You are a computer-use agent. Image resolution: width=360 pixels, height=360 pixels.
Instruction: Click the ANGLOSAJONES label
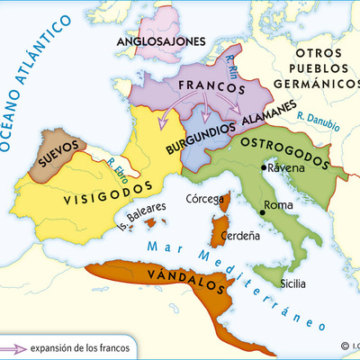[160, 41]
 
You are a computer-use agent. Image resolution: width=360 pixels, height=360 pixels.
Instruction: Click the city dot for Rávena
[264, 167]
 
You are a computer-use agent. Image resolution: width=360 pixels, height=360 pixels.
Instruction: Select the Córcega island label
[204, 198]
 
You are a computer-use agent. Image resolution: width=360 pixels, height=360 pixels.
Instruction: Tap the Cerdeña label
[239, 238]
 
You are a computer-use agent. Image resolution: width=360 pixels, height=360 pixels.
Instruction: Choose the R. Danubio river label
[317, 120]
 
